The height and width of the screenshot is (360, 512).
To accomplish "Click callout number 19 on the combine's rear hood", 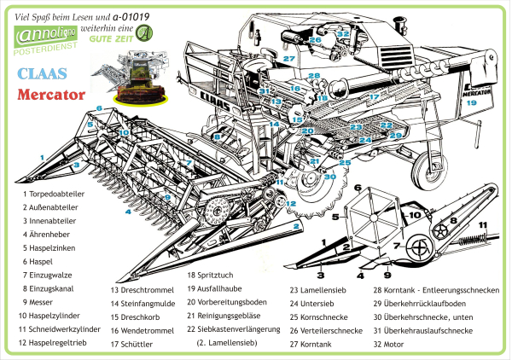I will click(x=470, y=102).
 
